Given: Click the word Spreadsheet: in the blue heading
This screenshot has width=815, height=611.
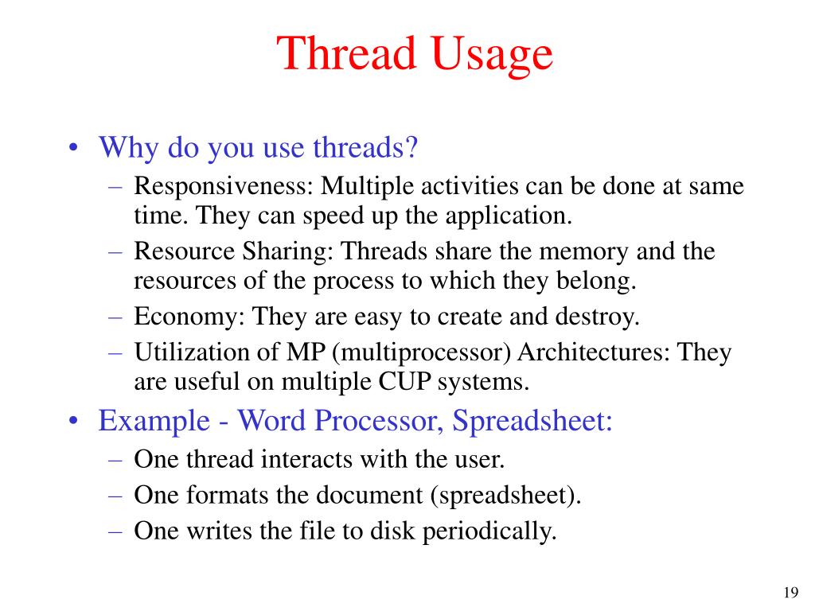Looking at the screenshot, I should click(533, 420).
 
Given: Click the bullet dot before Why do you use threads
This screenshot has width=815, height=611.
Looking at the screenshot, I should click(73, 148).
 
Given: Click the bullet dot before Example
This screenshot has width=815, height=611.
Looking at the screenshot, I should click(73, 421).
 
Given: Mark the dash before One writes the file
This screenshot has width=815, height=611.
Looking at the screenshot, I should click(116, 531).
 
